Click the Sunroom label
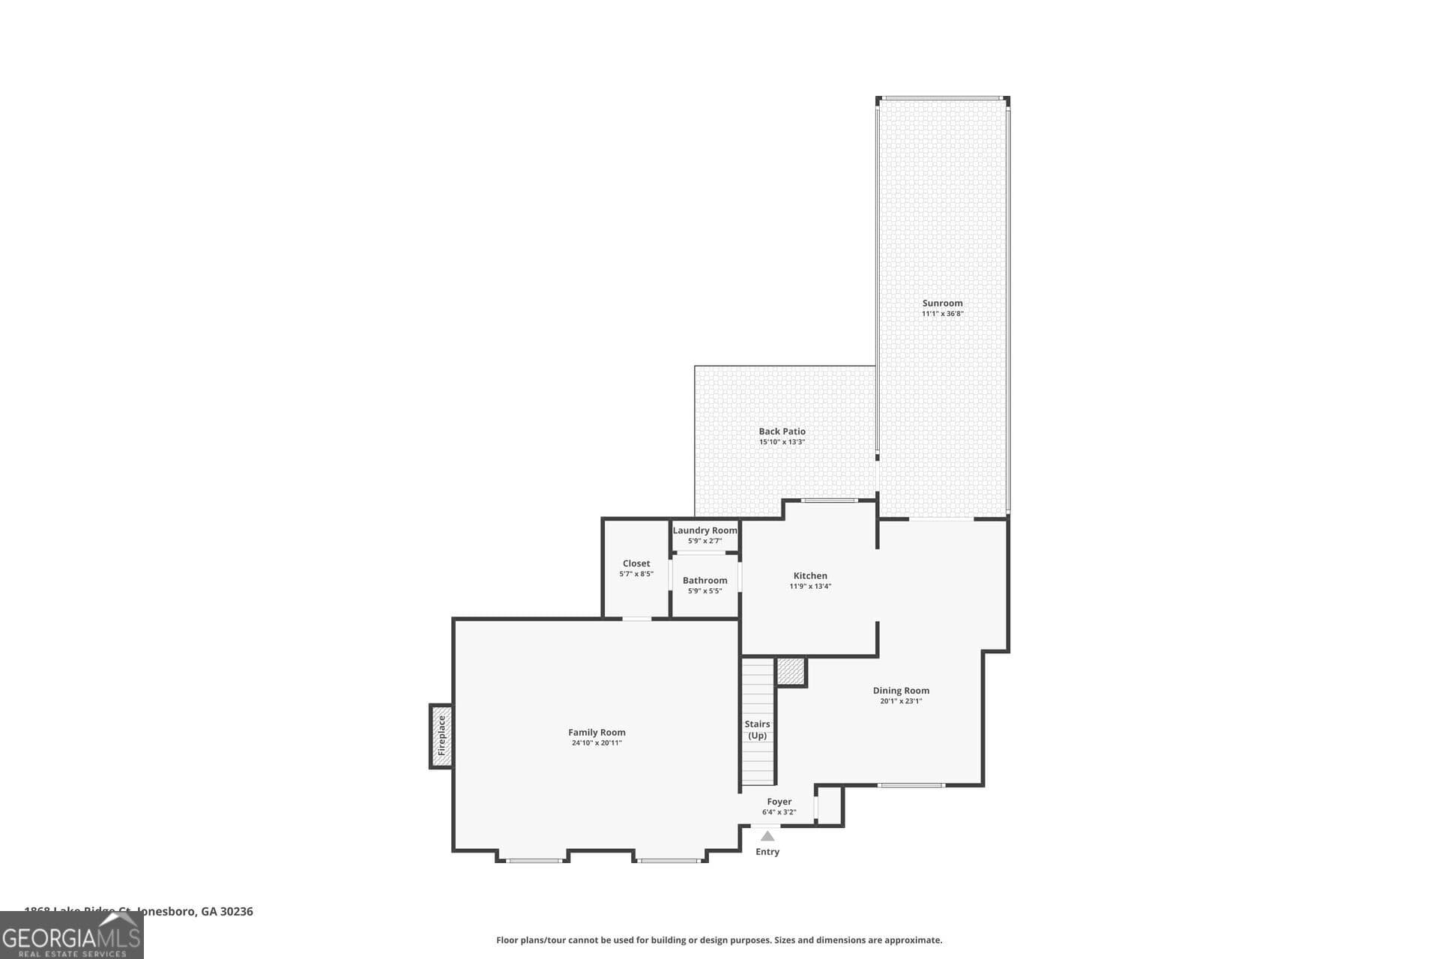click(x=942, y=303)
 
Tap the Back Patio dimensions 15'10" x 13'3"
click(x=782, y=442)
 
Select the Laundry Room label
click(x=705, y=530)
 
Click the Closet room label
click(x=636, y=563)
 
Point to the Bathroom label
click(x=705, y=581)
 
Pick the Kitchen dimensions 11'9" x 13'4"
click(x=810, y=587)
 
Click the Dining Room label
click(x=901, y=691)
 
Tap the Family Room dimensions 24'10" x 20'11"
click(x=597, y=743)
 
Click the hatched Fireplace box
click(x=441, y=736)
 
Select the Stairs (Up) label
click(x=757, y=730)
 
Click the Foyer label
click(x=779, y=802)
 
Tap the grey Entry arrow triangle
click(x=767, y=836)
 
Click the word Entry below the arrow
click(x=767, y=852)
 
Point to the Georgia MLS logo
click(x=71, y=937)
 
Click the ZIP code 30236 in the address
click(x=236, y=912)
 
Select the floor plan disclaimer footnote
click(x=719, y=940)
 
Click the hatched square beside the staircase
click(x=790, y=671)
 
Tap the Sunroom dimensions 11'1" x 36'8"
click(x=942, y=314)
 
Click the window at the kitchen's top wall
click(x=829, y=500)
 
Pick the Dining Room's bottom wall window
click(x=911, y=785)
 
